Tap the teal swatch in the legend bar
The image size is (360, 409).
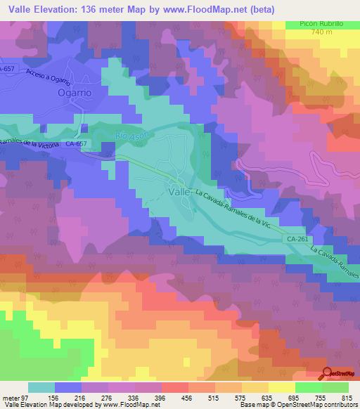[41, 387]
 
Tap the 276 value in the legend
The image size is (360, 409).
[107, 397]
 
